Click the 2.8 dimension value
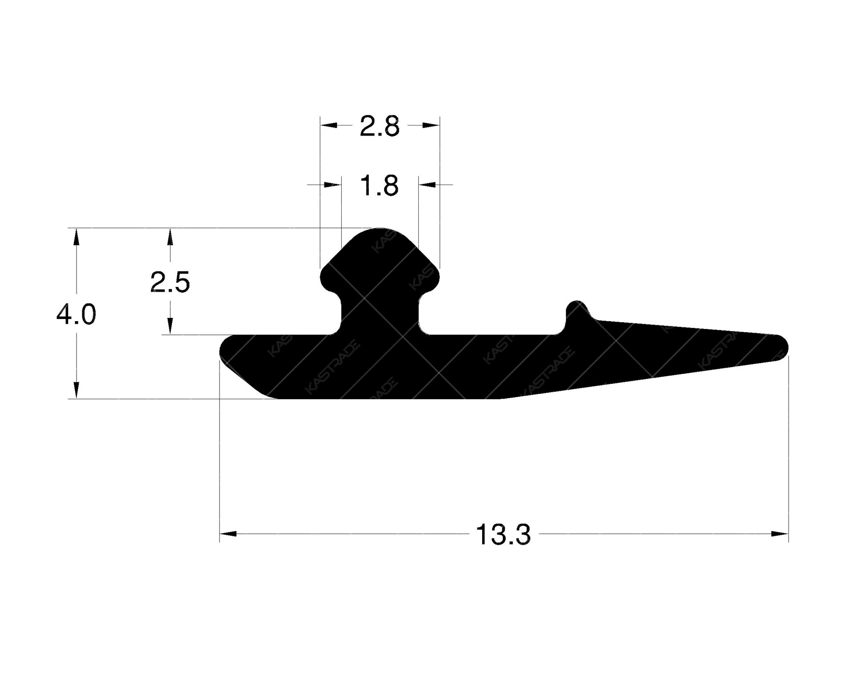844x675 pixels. point(379,127)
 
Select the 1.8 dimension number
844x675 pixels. point(379,186)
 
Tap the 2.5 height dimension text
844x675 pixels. point(169,283)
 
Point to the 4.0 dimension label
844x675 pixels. point(76,315)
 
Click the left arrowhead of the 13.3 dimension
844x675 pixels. point(227,534)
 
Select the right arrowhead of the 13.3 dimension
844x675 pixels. point(780,534)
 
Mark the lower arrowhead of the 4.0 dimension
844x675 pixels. point(76,390)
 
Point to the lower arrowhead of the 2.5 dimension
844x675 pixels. point(169,326)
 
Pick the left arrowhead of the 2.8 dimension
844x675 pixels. point(329,125)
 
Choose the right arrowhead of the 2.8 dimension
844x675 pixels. point(431,125)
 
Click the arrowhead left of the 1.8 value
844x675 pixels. point(333,185)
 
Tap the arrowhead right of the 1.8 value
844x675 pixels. point(427,185)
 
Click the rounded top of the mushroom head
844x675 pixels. point(380,232)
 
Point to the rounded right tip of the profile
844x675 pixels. point(783,346)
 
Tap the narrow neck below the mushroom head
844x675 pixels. point(380,314)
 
